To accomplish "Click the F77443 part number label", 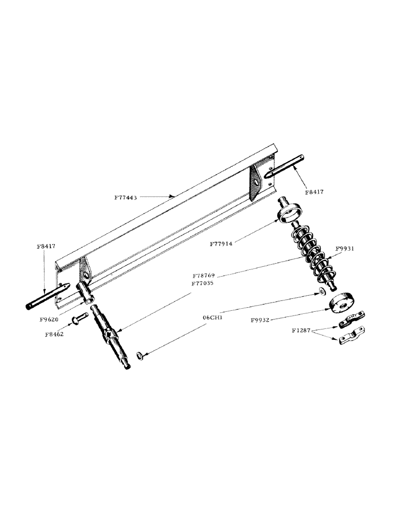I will (x=126, y=197).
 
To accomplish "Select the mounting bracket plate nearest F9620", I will (x=84, y=271).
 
